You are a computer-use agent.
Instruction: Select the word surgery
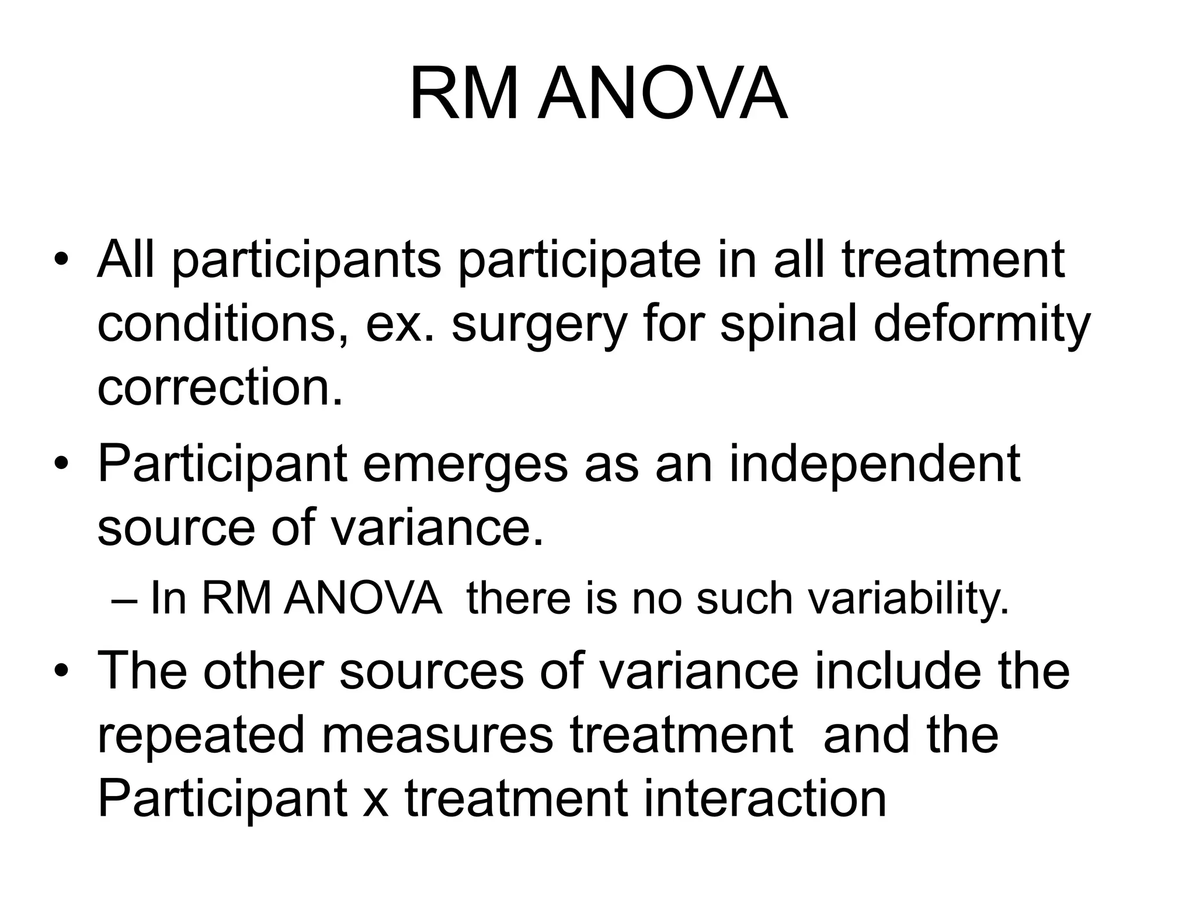[x=538, y=326]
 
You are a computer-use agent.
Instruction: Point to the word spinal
[x=789, y=326]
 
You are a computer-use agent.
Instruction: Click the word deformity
[x=982, y=326]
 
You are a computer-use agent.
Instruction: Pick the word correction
[x=220, y=388]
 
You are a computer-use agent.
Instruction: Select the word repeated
[x=201, y=735]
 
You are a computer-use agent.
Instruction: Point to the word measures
[x=437, y=735]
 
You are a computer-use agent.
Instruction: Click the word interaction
[x=765, y=799]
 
